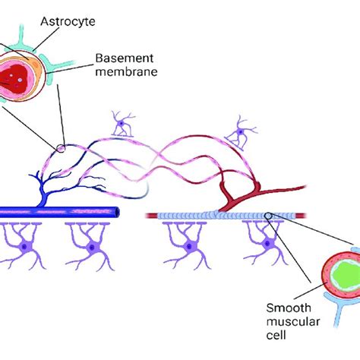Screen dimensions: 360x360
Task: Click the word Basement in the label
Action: point(125,57)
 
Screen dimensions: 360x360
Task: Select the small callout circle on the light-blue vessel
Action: point(269,216)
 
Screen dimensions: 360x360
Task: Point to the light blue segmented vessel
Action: point(205,216)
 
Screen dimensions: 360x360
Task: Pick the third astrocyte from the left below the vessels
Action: point(186,248)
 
